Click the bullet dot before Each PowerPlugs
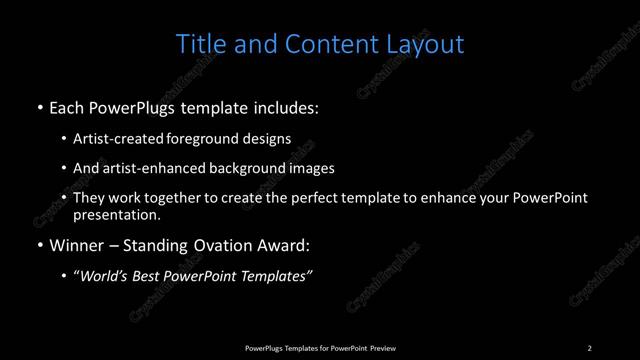tap(39, 107)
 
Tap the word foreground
tap(217, 140)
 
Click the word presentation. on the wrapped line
tap(116, 214)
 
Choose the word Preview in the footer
tap(379, 347)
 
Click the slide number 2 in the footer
tap(589, 347)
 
